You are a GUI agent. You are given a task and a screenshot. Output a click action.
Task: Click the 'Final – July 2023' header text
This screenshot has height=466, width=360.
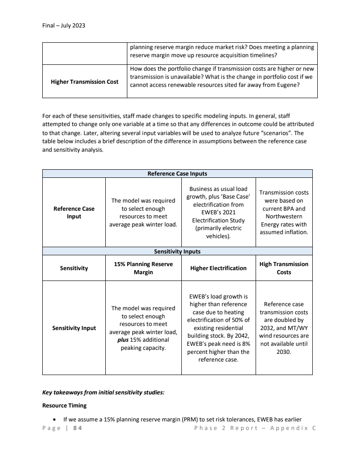point(63,26)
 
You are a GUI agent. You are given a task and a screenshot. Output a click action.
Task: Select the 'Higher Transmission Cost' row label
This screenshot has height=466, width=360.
point(85,81)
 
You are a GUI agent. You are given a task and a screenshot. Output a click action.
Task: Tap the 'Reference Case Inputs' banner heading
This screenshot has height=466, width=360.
point(177,174)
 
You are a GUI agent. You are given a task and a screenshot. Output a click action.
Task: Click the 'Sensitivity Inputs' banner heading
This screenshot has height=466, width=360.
point(177,251)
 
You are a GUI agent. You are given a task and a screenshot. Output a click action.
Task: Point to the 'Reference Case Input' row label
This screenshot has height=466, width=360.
point(74,213)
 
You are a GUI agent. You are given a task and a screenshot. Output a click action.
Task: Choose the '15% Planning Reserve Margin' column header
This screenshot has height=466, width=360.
point(143,268)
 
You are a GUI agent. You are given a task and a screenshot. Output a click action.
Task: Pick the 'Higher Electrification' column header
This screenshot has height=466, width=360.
point(218,268)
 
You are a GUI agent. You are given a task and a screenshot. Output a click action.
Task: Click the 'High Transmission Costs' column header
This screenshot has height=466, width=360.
point(284,268)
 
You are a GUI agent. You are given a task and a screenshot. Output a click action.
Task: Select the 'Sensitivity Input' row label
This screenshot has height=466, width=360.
point(74,328)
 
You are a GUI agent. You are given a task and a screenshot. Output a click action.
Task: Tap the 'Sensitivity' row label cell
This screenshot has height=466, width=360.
point(74,268)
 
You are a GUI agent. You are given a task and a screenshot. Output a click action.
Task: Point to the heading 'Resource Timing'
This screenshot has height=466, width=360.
point(64,405)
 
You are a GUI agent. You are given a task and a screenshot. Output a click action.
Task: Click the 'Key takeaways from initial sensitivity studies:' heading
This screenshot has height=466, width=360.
point(103,392)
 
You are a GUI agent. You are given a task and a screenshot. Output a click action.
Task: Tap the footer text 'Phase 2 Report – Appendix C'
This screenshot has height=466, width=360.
point(255,428)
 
